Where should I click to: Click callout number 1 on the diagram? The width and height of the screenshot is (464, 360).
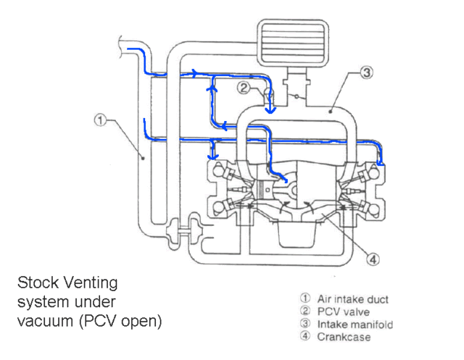[100, 120]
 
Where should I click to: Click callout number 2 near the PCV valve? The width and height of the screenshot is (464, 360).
[244, 88]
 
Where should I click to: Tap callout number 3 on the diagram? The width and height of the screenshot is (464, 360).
[367, 72]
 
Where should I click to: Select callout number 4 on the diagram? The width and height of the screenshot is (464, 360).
[373, 259]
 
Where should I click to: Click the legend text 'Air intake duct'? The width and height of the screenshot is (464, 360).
[353, 299]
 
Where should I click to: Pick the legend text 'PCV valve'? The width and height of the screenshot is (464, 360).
[343, 311]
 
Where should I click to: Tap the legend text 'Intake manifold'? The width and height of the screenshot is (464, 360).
[355, 325]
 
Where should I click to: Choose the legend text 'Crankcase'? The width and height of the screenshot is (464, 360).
[344, 337]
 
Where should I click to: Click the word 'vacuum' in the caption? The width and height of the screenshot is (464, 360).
[45, 321]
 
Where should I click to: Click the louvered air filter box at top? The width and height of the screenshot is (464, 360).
[293, 42]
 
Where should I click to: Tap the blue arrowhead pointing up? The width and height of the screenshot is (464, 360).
[212, 88]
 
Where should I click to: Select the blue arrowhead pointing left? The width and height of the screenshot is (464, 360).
[224, 126]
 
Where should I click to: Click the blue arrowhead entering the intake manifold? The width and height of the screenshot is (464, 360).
[270, 110]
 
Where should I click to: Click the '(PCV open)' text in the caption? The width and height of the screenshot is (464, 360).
[120, 322]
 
